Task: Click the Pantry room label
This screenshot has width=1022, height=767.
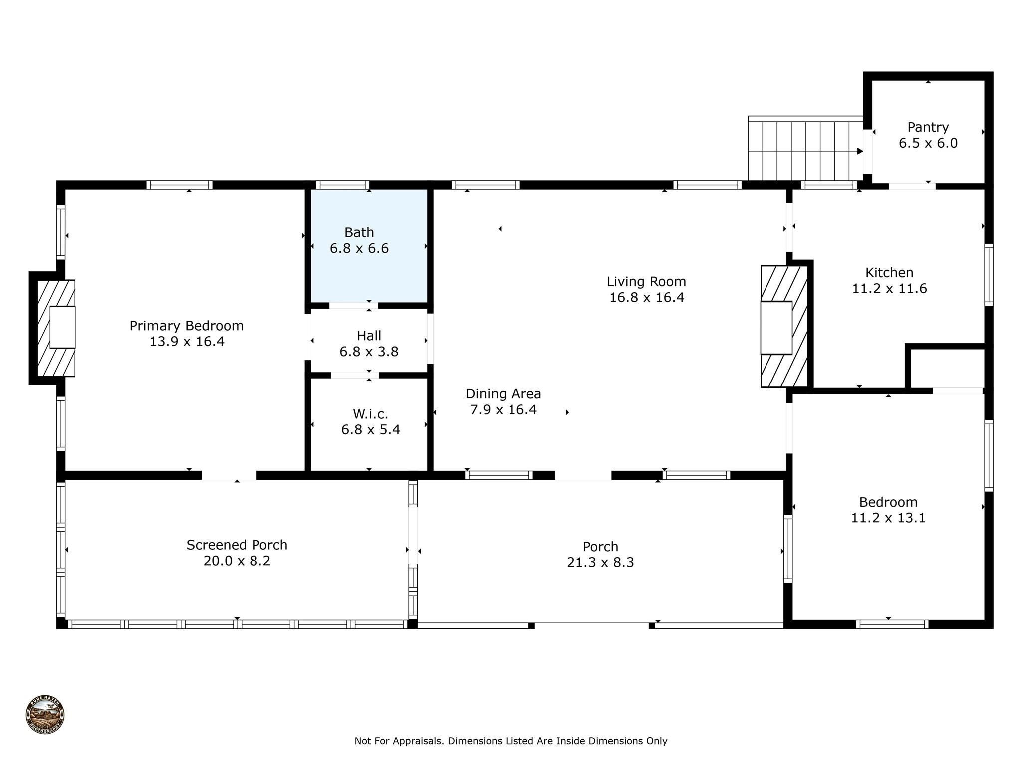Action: pos(928,127)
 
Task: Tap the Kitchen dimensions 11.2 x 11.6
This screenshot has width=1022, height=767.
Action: pos(889,289)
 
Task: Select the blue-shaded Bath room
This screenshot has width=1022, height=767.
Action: pos(369,270)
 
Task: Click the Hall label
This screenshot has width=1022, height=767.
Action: pos(369,336)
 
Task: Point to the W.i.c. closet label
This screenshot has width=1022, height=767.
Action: pos(370,414)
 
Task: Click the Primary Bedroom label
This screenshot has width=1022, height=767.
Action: pos(187,326)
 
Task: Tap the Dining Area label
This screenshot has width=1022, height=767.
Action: pos(503,394)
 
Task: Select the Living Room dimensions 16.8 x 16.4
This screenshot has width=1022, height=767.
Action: pos(646,298)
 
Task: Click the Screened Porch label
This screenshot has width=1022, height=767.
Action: pos(237,545)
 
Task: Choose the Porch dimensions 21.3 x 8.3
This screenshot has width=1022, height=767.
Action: pos(600,563)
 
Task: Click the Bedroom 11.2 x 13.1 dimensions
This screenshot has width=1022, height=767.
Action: pos(888,518)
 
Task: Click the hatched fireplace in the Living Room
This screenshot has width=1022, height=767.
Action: pos(783,327)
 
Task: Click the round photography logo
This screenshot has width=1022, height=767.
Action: pos(45,715)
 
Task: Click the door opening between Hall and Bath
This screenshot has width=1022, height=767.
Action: pos(353,306)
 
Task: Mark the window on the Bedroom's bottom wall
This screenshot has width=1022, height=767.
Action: pos(892,624)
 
